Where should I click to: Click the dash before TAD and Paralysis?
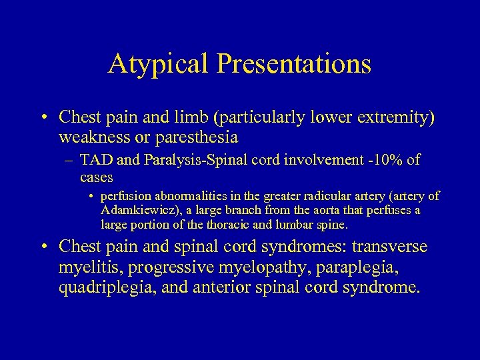coord(69,161)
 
